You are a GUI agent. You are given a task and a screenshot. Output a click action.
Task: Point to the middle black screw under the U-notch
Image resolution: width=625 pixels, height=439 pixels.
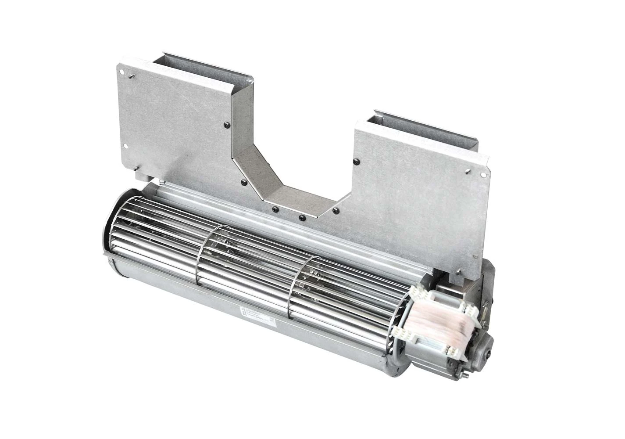tap(301, 217)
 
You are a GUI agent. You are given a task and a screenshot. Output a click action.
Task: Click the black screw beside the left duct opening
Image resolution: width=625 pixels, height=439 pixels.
tap(225, 124)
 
